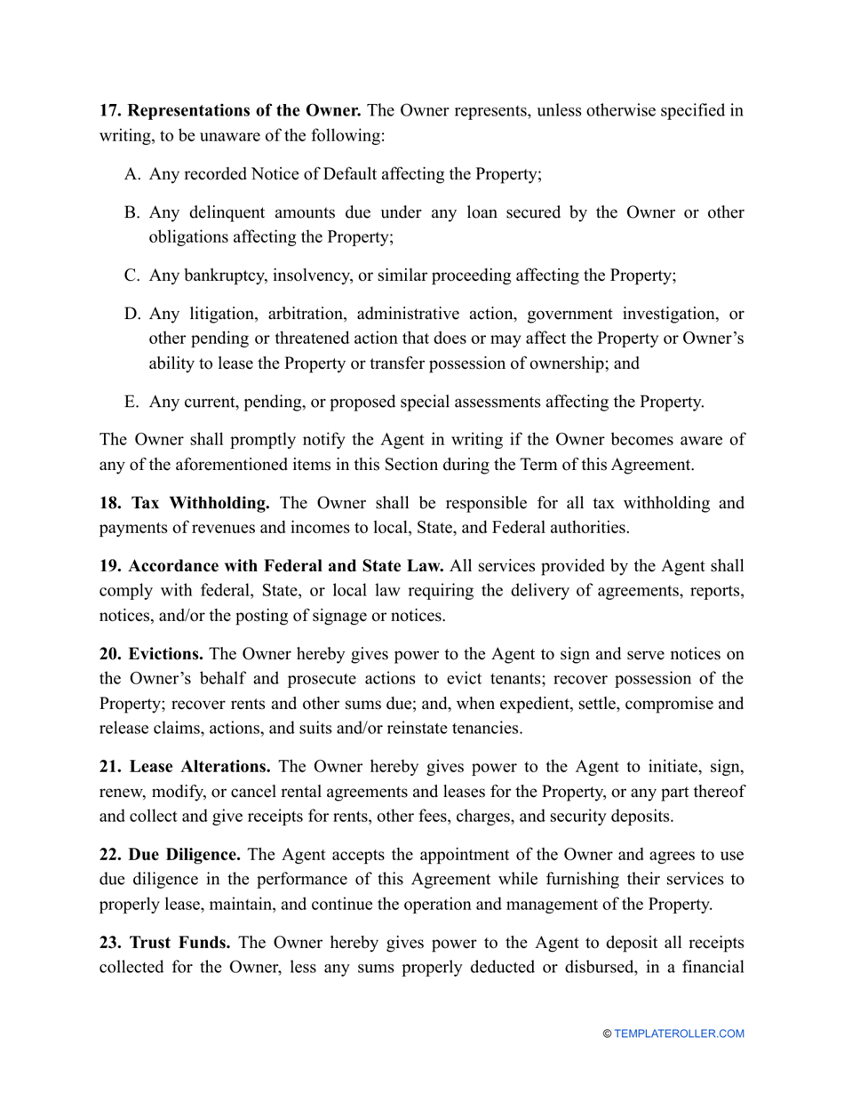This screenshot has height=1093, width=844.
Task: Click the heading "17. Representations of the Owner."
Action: [230, 111]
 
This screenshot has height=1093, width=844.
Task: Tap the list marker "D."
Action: [132, 314]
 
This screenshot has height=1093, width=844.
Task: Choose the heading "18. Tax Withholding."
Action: [185, 503]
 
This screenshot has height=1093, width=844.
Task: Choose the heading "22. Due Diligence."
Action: [170, 855]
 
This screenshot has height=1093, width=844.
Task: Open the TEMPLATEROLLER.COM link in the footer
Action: [680, 1033]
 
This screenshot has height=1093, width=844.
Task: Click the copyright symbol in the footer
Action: [607, 1033]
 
